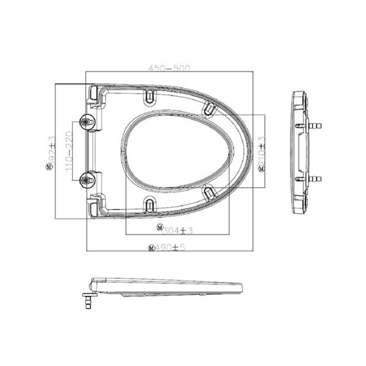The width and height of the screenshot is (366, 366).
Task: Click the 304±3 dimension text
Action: point(177,230)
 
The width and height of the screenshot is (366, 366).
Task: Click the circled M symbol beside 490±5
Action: point(151,248)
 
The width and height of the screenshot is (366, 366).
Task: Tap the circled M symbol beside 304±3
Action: point(159,227)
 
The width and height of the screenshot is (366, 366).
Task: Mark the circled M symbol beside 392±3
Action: point(48,167)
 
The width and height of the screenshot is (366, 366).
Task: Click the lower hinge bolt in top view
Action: point(87,179)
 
